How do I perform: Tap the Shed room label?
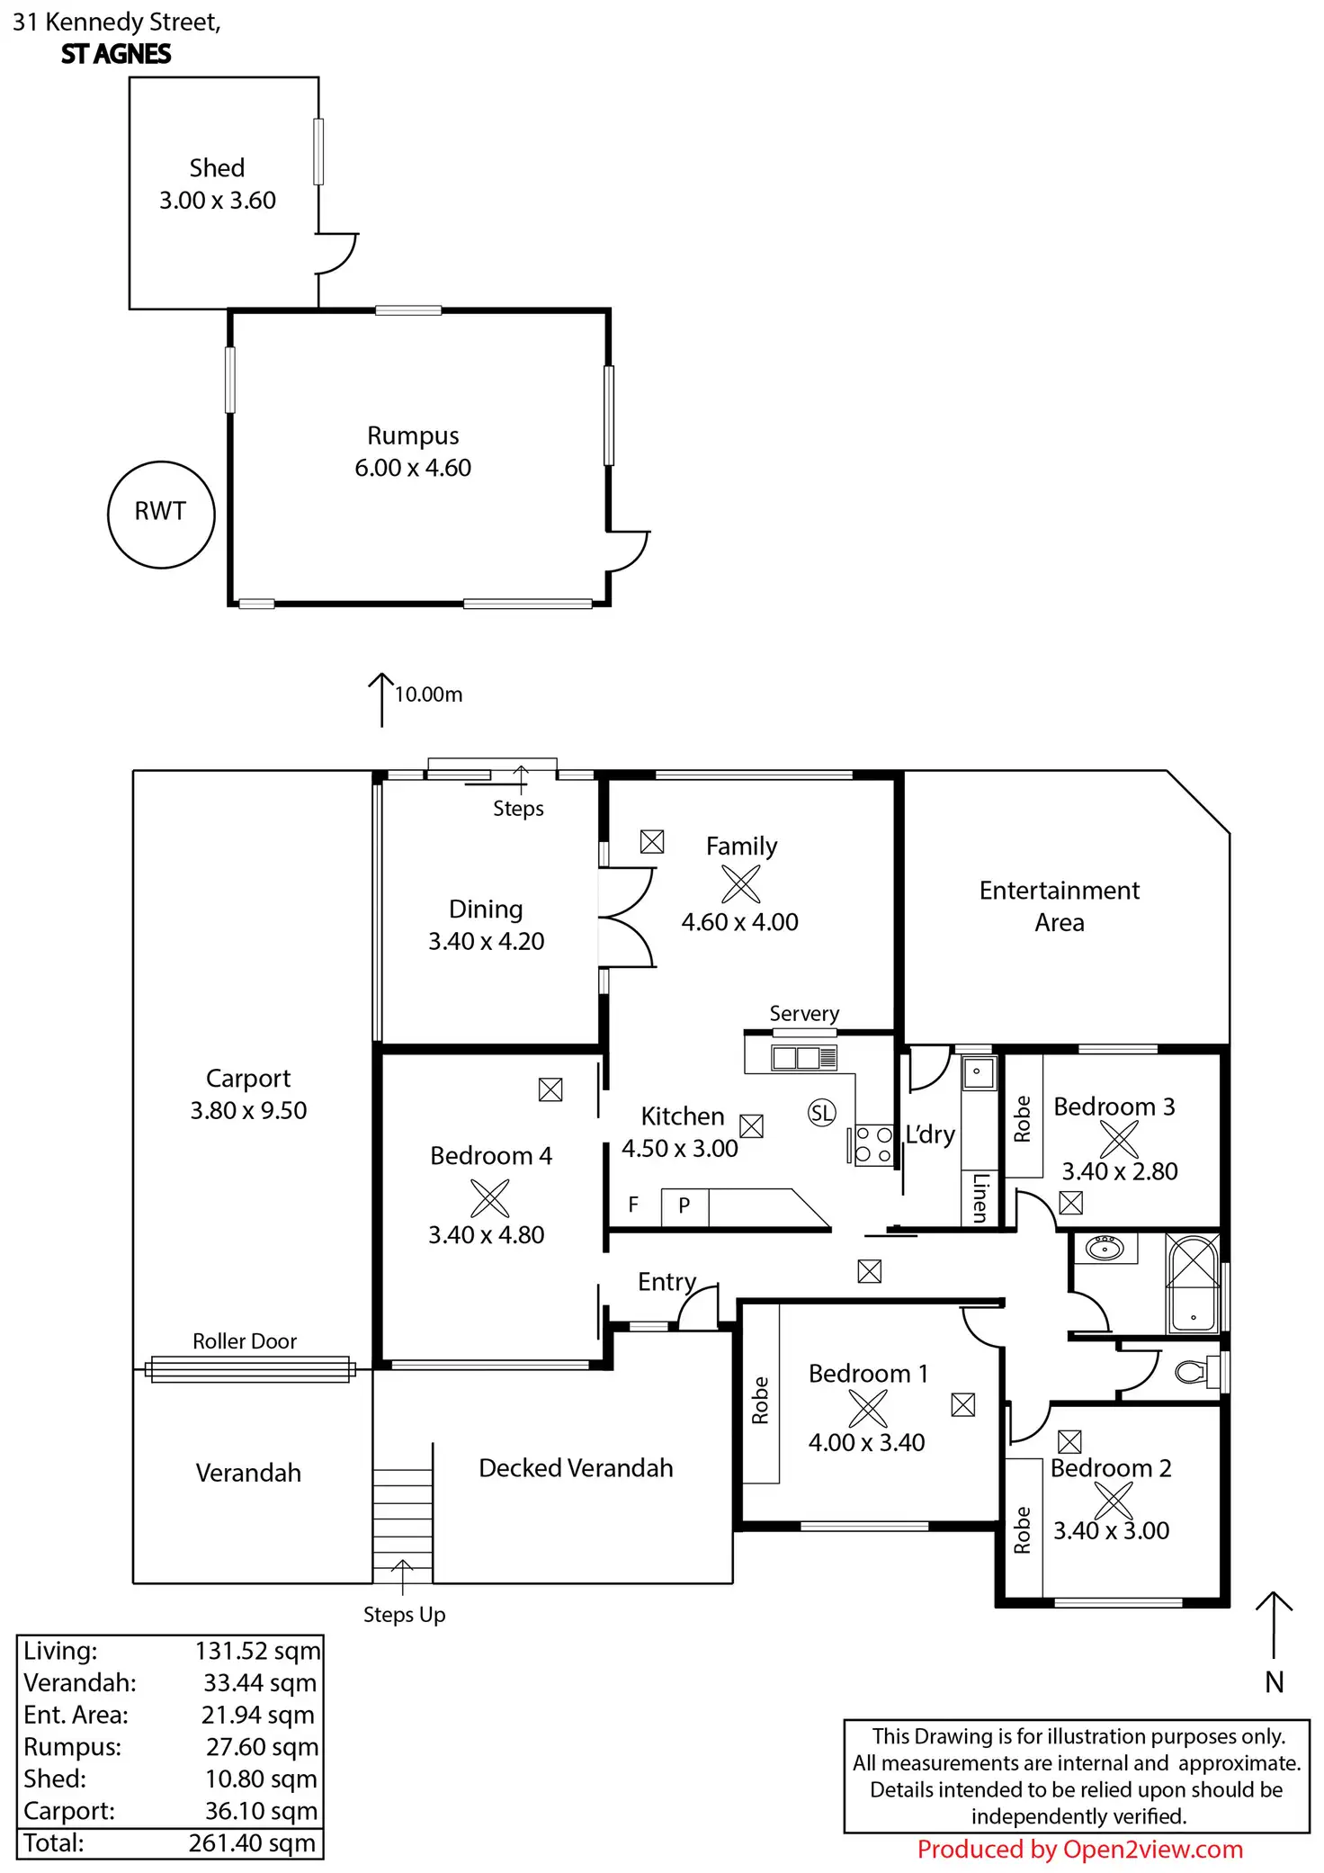(217, 168)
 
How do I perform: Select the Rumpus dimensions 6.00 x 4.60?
(413, 468)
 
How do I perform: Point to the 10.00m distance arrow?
(381, 700)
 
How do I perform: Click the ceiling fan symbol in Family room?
(740, 883)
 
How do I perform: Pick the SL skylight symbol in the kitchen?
(821, 1113)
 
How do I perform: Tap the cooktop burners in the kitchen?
(873, 1145)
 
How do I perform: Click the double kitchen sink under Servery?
(804, 1057)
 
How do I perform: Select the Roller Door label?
(245, 1341)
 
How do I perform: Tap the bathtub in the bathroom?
(1193, 1283)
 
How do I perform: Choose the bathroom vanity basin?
(1104, 1248)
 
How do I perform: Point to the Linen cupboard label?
(980, 1197)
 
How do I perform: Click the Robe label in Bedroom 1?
(760, 1400)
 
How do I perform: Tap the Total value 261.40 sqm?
(252, 1843)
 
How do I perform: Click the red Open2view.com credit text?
(1079, 1850)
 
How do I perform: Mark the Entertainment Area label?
(1060, 906)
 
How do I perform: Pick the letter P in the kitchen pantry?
(684, 1205)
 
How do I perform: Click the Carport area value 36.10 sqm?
(261, 1811)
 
